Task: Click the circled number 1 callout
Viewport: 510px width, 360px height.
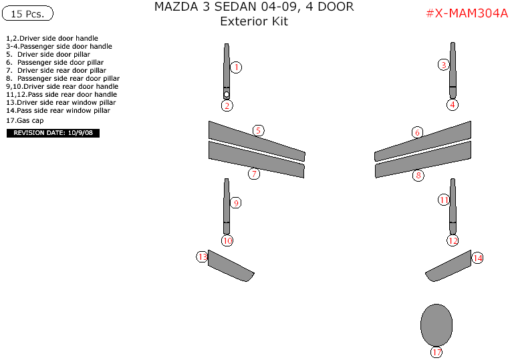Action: [236, 67]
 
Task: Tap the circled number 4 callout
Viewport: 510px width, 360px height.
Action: [453, 104]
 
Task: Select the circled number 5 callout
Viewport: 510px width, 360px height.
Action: [258, 130]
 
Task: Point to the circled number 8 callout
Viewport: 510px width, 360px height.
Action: [418, 176]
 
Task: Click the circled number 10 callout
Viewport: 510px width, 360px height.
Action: [227, 240]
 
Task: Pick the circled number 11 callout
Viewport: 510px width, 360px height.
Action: [444, 200]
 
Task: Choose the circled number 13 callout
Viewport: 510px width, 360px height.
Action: [202, 256]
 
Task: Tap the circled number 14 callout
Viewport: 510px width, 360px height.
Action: [477, 258]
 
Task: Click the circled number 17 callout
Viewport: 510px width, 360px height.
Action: [436, 352]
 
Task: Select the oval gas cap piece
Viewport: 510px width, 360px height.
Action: [436, 325]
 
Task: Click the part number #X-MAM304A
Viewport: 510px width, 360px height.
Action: [467, 14]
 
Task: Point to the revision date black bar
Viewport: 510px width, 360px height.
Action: [53, 133]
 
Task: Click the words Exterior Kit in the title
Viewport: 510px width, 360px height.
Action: [254, 21]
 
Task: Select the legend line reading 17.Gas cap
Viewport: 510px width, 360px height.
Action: [25, 121]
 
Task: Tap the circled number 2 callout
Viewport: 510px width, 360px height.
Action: [227, 106]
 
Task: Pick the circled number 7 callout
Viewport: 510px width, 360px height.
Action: [254, 174]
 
